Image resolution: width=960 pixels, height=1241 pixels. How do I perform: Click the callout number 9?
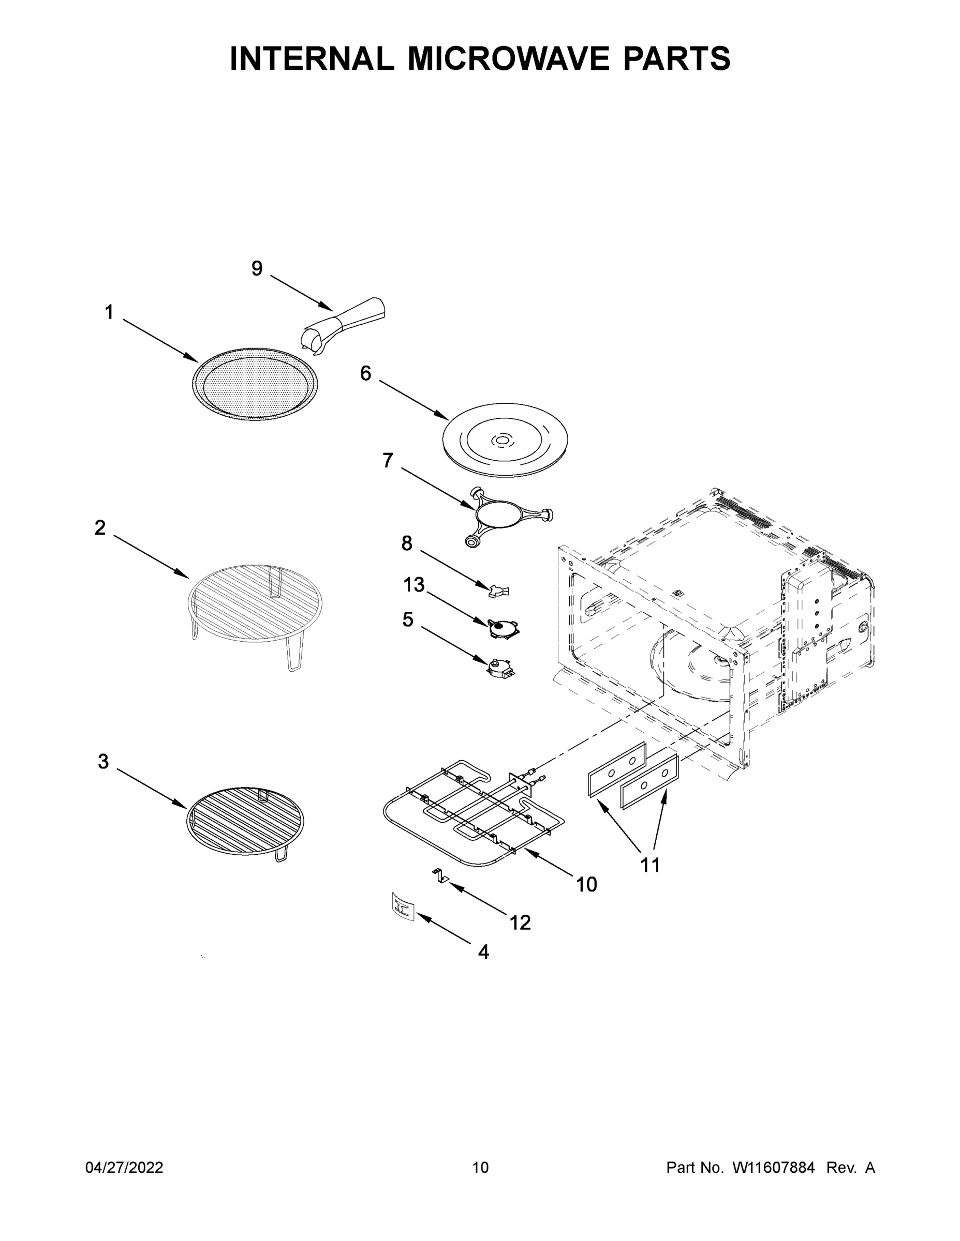257,269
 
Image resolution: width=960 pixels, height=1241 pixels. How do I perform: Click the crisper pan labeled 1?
255,384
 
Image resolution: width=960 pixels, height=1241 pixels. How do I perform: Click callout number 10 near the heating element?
586,884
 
